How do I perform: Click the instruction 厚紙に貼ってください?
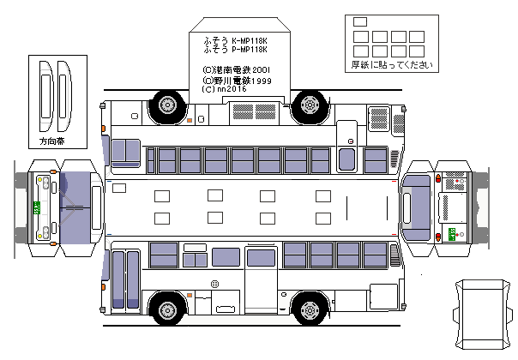[386, 66]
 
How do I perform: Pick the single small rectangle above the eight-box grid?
[359, 21]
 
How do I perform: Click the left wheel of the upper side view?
[166, 105]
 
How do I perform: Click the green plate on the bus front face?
[37, 207]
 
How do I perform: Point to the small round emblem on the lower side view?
[215, 283]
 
